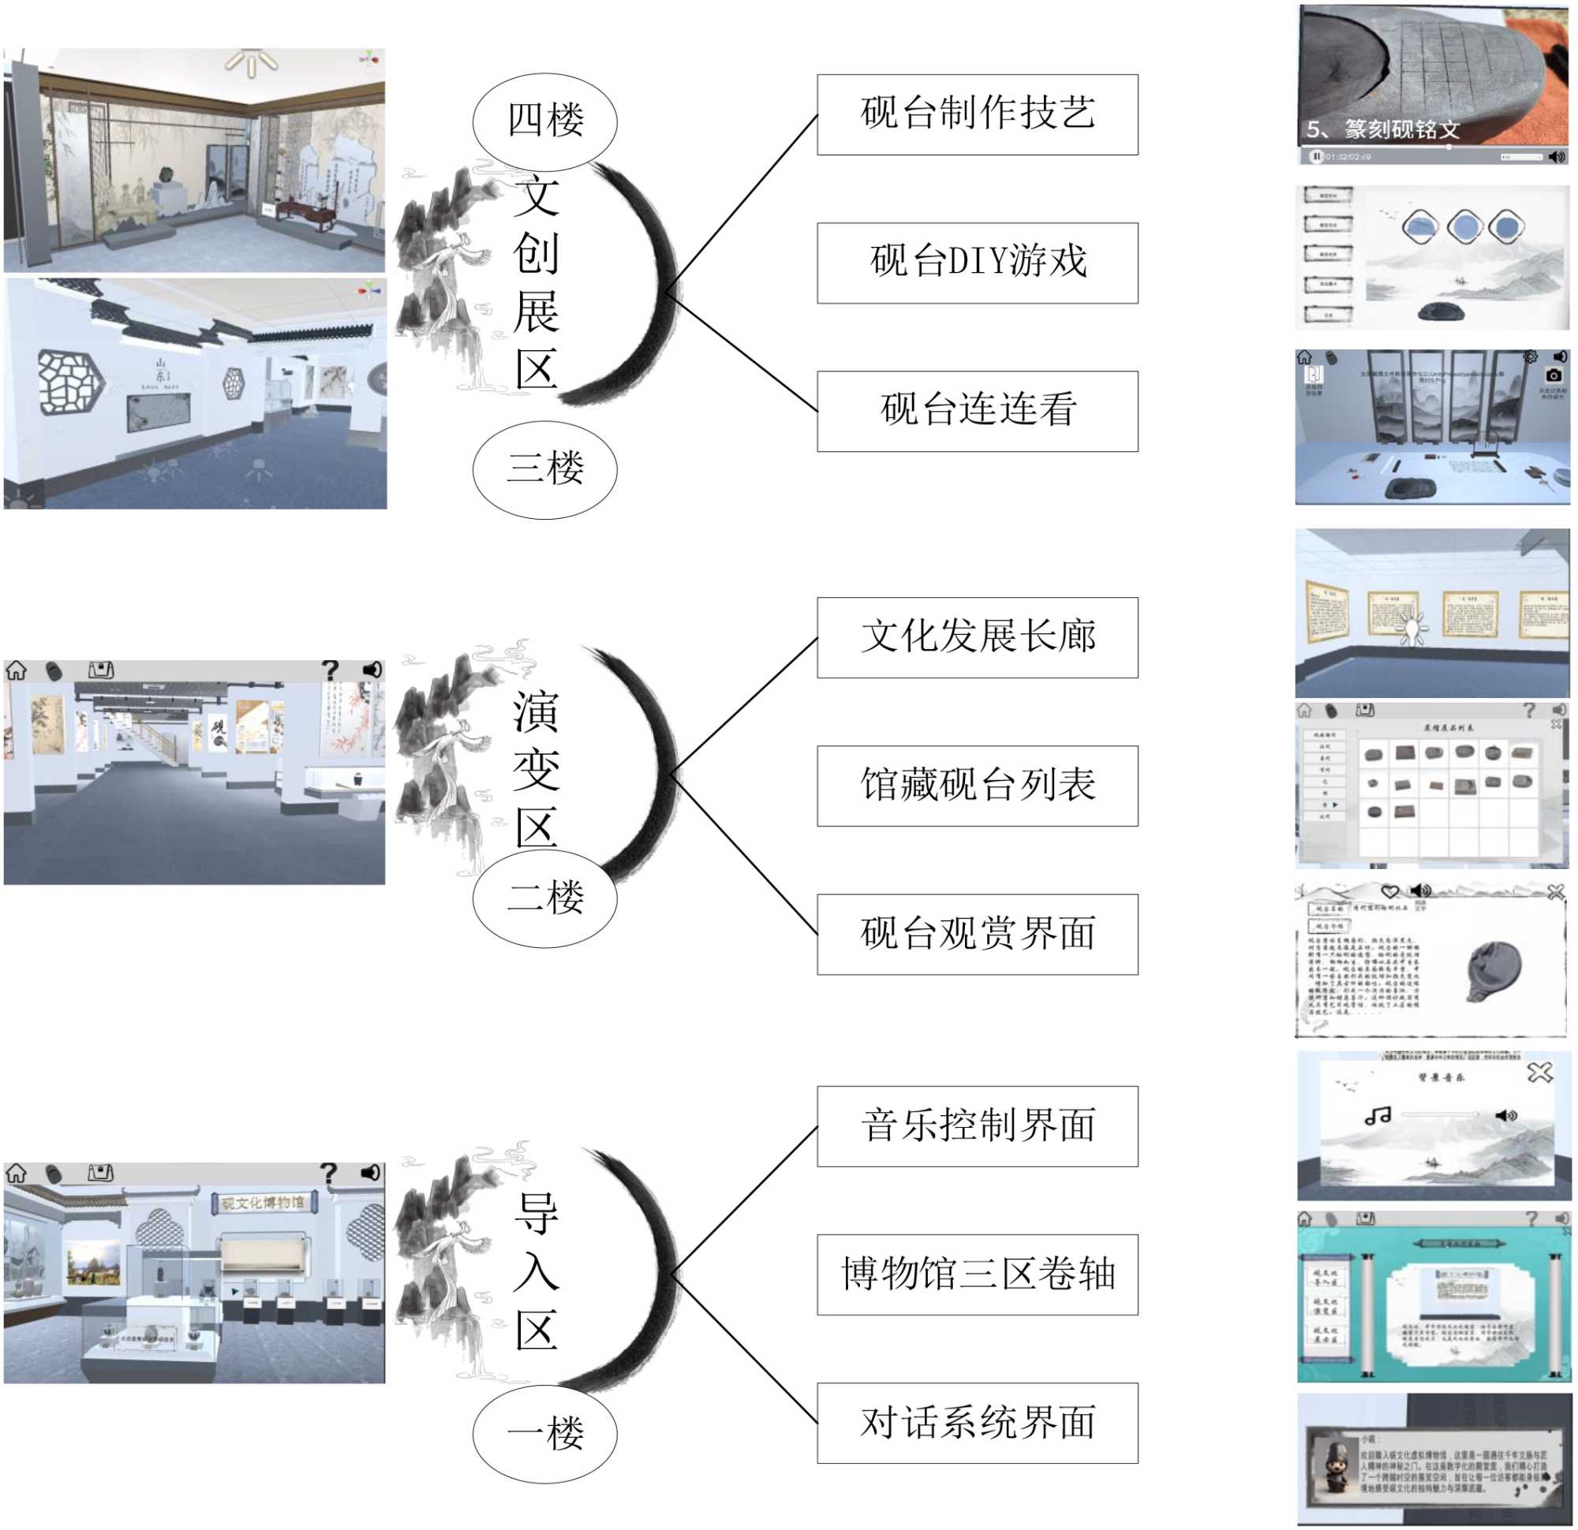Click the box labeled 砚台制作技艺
point(977,114)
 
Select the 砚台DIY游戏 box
point(977,263)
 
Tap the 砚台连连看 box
point(977,410)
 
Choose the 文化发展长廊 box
point(977,636)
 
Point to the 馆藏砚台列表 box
point(977,785)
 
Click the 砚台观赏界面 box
point(977,934)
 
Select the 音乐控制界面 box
point(977,1125)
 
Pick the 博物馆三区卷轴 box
point(977,1274)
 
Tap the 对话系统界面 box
point(977,1422)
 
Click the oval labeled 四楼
point(544,121)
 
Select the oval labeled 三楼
point(544,468)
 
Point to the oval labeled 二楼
point(544,897)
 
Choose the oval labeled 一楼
point(544,1433)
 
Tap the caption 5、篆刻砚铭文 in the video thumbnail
point(1382,129)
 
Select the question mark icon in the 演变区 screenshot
point(329,670)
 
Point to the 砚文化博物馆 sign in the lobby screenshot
point(264,1203)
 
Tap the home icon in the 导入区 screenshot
point(17,1173)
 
